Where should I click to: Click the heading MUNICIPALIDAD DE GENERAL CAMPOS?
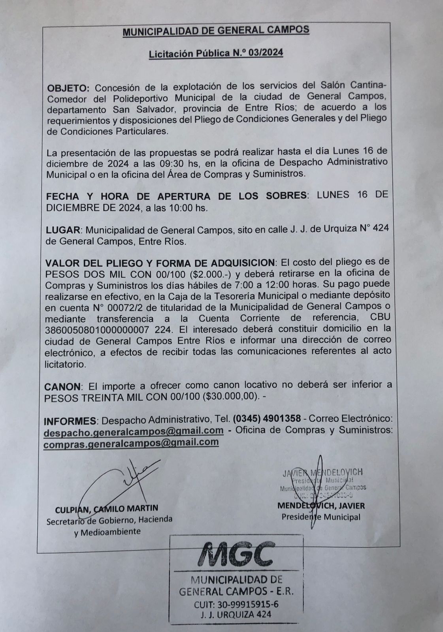click(216, 31)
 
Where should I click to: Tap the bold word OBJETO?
click(68, 87)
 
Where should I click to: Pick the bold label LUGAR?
click(63, 230)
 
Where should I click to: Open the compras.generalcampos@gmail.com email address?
click(131, 442)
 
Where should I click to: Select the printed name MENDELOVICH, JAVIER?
click(321, 506)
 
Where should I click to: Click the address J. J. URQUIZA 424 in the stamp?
click(236, 615)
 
